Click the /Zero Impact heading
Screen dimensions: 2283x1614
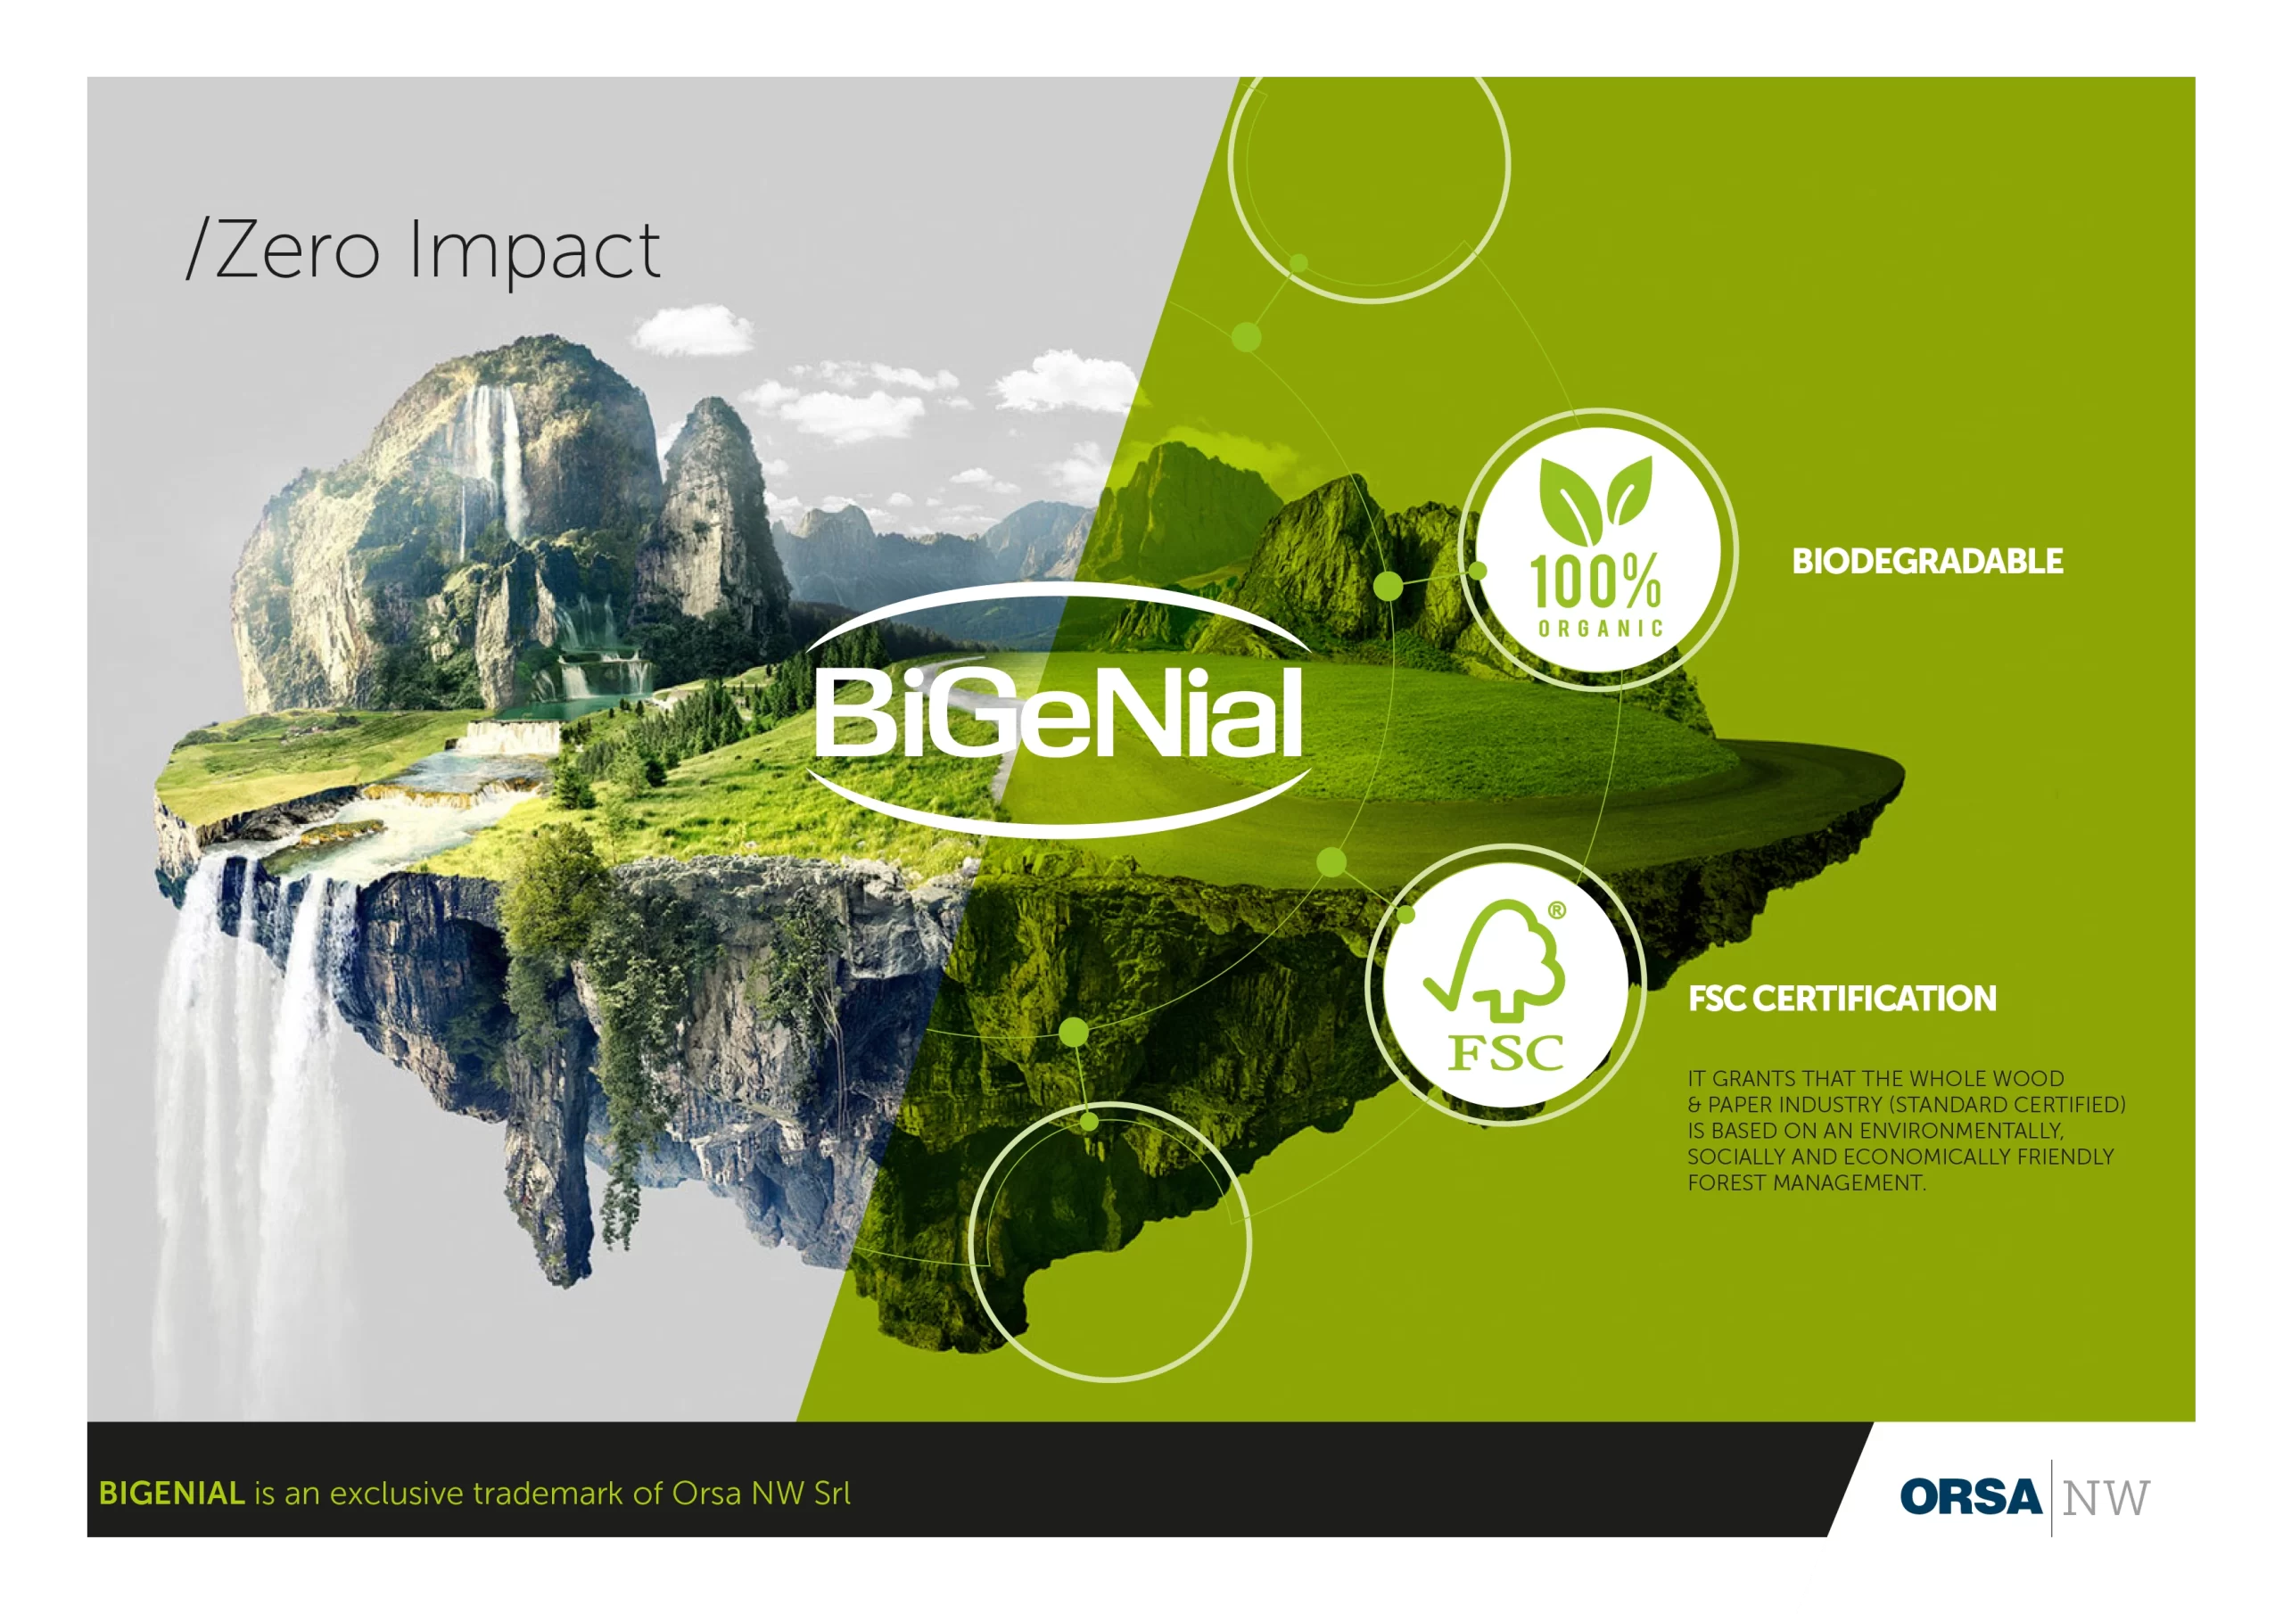pyautogui.click(x=423, y=251)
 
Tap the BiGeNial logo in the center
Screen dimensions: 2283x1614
pyautogui.click(x=1058, y=709)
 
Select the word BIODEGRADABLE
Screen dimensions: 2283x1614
pyautogui.click(x=1927, y=561)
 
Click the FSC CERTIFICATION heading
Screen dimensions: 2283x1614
pyautogui.click(x=1842, y=999)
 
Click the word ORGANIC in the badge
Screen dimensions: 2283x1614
pyautogui.click(x=1600, y=629)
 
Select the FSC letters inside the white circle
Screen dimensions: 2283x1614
pyautogui.click(x=1505, y=1053)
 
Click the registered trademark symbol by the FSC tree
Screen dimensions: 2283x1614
pyautogui.click(x=1556, y=910)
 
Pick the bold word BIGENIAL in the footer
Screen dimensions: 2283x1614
pyautogui.click(x=171, y=1494)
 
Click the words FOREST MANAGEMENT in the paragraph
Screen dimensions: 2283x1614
pyautogui.click(x=1806, y=1183)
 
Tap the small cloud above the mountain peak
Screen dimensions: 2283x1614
pyautogui.click(x=692, y=331)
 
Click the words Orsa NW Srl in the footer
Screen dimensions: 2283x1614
pyautogui.click(x=762, y=1494)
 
